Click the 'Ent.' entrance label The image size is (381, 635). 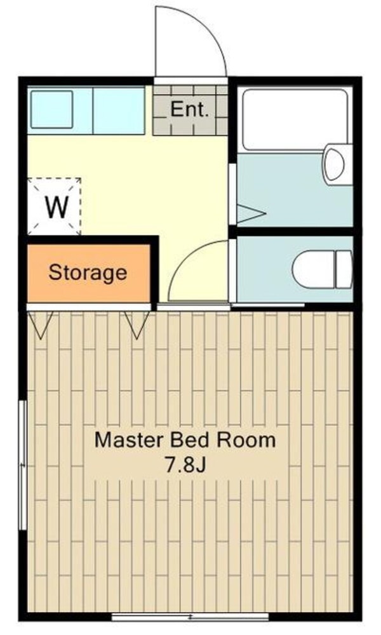click(x=189, y=109)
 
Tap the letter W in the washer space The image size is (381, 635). click(x=55, y=208)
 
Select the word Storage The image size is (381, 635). click(x=88, y=273)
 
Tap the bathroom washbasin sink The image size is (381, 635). click(x=334, y=164)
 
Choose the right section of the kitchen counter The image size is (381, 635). click(x=119, y=110)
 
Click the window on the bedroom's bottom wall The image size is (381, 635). click(x=190, y=615)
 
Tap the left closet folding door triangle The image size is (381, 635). click(x=42, y=324)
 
